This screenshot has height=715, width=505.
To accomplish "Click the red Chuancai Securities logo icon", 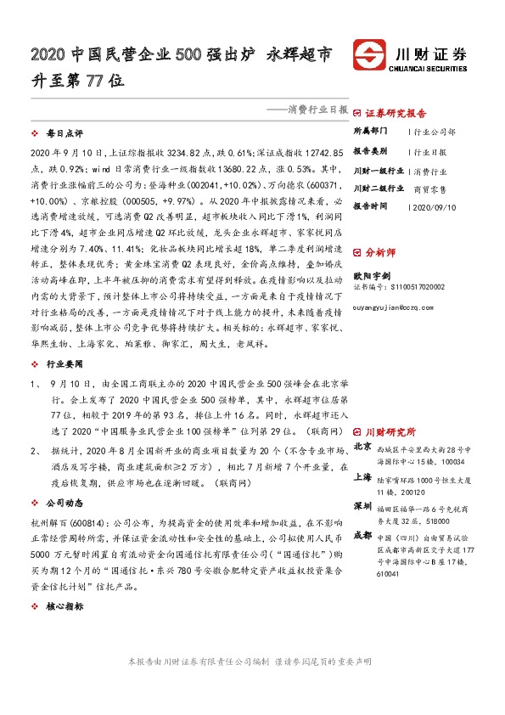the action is [x=372, y=55].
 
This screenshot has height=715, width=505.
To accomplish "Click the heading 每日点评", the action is [x=65, y=133].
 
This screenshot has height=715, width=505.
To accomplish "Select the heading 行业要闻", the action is [x=65, y=339].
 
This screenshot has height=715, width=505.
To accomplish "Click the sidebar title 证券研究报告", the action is [x=396, y=112].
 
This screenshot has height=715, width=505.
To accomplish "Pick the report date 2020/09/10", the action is [x=433, y=206].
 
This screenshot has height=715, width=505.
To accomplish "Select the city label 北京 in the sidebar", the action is [x=362, y=447].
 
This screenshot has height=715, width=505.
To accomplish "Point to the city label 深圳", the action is [x=362, y=506].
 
